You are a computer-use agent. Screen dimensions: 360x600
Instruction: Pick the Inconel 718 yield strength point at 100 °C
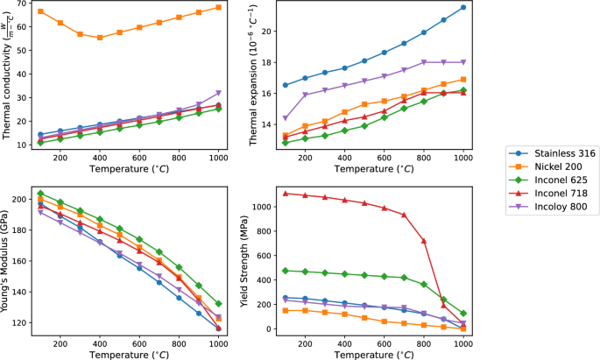pyautogui.click(x=286, y=193)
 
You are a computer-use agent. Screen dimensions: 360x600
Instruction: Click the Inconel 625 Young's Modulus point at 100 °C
pyautogui.click(x=40, y=193)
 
